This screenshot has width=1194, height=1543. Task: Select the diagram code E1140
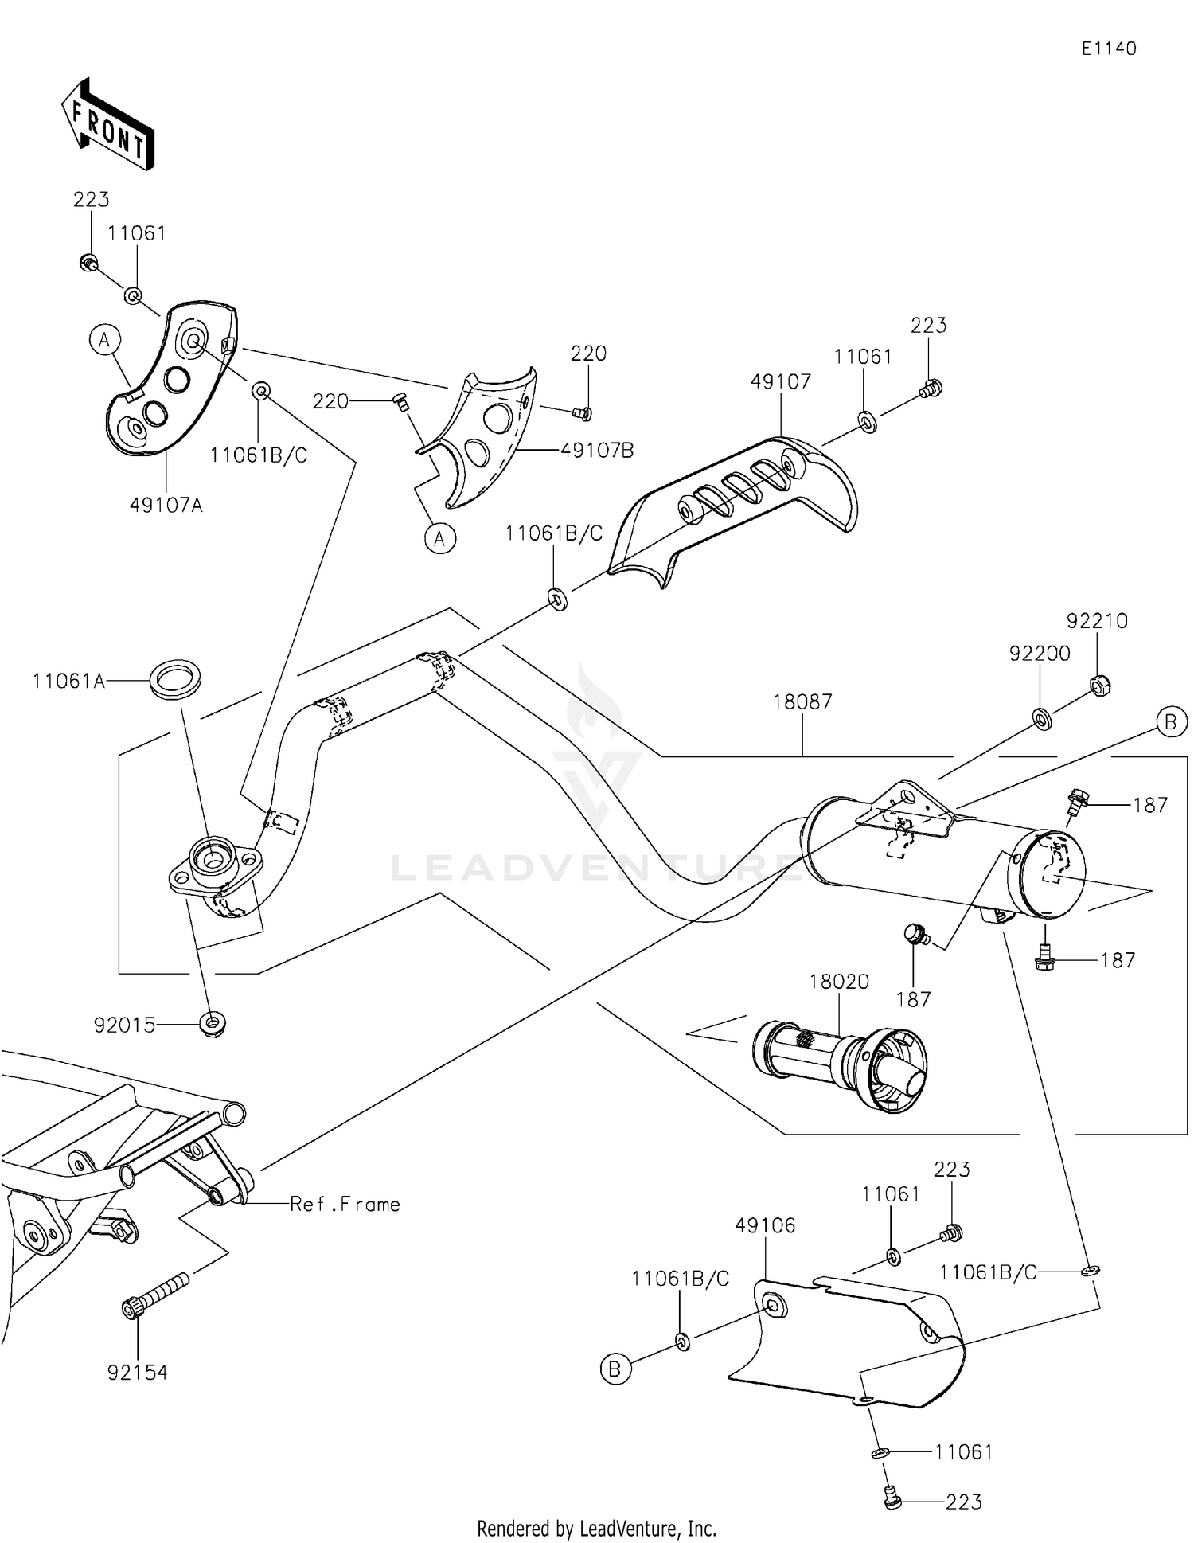click(x=1108, y=49)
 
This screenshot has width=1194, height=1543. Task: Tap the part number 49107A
click(x=166, y=505)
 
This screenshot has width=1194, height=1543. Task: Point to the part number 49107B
click(x=597, y=451)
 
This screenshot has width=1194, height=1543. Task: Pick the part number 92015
click(x=124, y=1025)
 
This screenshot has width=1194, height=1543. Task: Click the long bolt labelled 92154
click(x=156, y=1296)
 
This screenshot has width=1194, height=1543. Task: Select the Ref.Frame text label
click(x=345, y=1205)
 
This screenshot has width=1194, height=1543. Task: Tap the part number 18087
click(x=802, y=701)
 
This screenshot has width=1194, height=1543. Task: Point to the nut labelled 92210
click(x=1099, y=685)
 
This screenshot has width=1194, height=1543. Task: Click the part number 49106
click(x=765, y=1225)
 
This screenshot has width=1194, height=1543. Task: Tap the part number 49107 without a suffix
click(x=781, y=381)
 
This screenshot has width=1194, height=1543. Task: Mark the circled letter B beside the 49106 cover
click(x=615, y=1369)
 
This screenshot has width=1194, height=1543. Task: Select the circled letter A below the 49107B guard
click(x=439, y=539)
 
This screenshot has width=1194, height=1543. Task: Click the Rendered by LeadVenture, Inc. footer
click(x=596, y=1529)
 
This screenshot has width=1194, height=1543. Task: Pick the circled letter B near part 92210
click(x=1171, y=722)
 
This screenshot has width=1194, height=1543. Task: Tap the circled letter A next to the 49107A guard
click(x=103, y=341)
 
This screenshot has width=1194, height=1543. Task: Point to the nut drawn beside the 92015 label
click(x=213, y=1023)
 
